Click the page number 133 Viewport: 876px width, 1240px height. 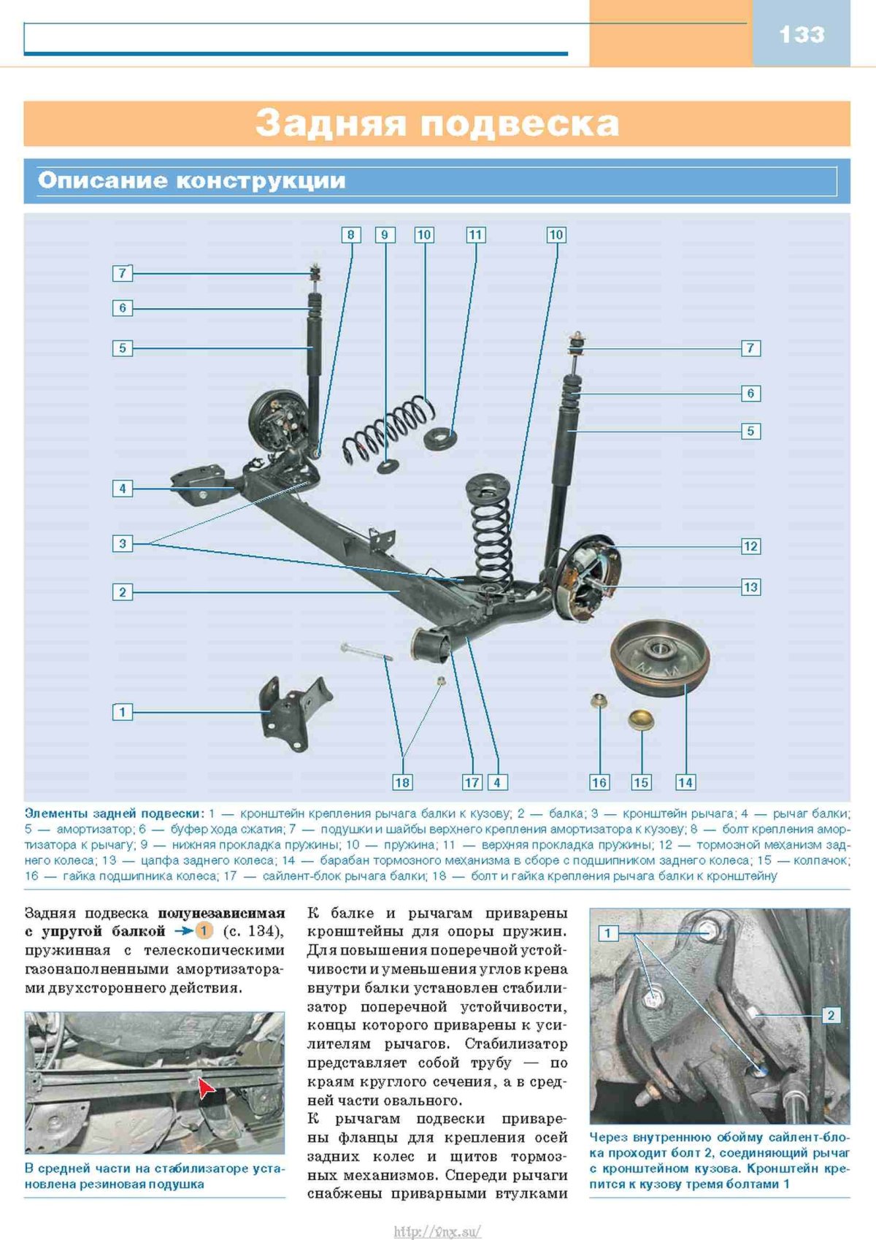point(802,34)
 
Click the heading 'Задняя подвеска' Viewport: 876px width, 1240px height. point(437,123)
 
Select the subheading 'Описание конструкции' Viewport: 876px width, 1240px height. point(191,180)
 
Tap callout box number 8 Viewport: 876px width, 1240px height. point(350,235)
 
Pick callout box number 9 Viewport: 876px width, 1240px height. point(385,235)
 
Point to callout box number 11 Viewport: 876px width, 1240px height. point(475,235)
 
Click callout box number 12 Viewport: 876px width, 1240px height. point(750,546)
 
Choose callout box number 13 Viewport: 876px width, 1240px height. point(750,587)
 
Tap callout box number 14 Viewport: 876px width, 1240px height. point(685,782)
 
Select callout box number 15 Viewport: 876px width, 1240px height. point(641,782)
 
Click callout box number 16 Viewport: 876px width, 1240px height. point(599,782)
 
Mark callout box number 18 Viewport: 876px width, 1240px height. point(402,782)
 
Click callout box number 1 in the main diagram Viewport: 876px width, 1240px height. point(123,711)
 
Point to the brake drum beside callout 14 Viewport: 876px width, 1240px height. point(660,657)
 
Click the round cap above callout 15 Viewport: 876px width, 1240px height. point(641,719)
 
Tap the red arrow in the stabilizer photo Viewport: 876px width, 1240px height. point(206,1089)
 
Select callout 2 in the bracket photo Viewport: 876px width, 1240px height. point(831,1015)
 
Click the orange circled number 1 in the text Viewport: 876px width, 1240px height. point(204,931)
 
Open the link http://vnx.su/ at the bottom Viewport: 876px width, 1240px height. point(437,1232)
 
